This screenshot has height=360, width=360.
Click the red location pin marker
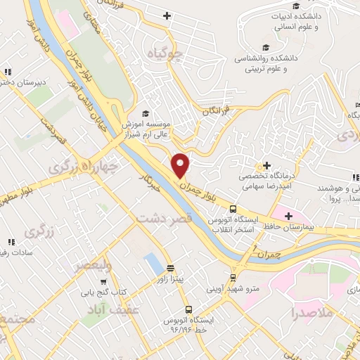[x=181, y=165]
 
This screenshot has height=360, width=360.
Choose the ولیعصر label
[x=94, y=266]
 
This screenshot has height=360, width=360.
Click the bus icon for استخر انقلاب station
[x=233, y=209]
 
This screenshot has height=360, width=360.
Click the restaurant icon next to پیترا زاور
[x=170, y=268]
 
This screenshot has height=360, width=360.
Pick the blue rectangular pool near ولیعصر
[x=152, y=264]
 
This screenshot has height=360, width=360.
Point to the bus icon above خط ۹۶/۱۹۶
[x=188, y=309]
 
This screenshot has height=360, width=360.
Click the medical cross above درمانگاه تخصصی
[x=267, y=165]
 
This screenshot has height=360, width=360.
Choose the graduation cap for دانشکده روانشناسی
[x=264, y=48]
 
